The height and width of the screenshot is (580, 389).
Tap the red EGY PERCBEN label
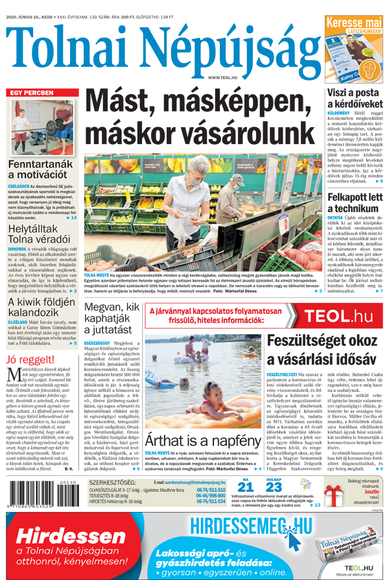coord(31,93)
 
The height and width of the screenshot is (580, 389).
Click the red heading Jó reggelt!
coord(29,359)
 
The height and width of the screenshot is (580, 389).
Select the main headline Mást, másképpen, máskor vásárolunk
coord(204,116)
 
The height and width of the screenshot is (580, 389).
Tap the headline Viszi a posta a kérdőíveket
coord(355,99)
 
